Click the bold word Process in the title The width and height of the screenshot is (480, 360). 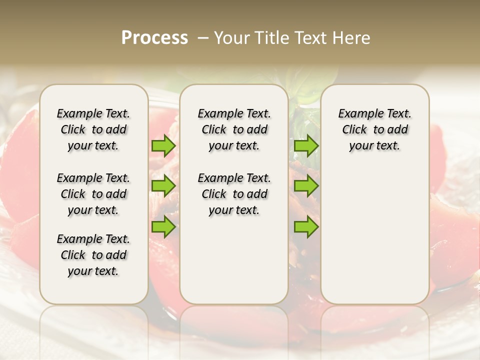tap(154, 38)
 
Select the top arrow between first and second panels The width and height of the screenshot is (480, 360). tap(163, 145)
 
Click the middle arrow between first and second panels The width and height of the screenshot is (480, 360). tap(163, 186)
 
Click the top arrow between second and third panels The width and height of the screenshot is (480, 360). tap(306, 145)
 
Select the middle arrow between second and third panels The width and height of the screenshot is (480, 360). tap(306, 186)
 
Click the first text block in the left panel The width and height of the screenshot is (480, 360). tap(93, 129)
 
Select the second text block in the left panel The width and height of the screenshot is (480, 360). tap(93, 194)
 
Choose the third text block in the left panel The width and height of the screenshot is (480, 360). tap(93, 255)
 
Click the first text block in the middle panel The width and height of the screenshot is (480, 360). tap(234, 129)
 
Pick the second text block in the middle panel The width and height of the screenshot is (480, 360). tap(234, 194)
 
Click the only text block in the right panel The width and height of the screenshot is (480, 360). tap(374, 129)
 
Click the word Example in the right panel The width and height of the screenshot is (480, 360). tap(357, 114)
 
